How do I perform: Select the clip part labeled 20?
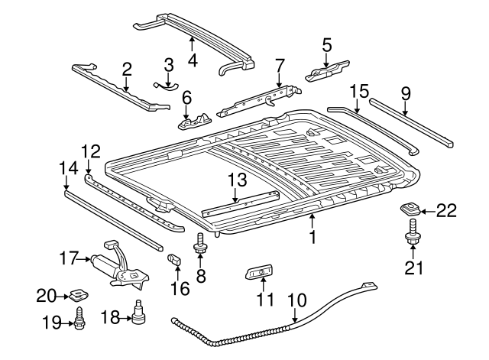coord(77,293)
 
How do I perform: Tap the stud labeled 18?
coord(138,313)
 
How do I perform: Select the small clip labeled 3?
coord(166,85)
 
